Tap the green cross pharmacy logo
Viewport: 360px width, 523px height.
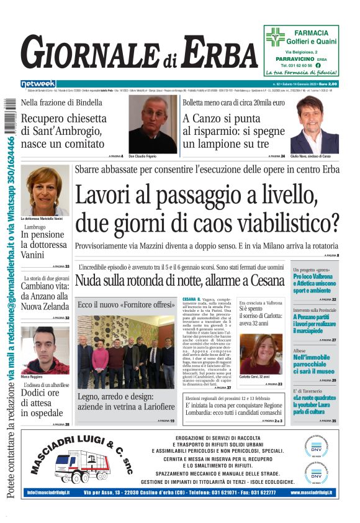(275, 37)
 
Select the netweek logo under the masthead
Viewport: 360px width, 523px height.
(38, 84)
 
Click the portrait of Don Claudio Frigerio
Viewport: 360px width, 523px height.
(152, 124)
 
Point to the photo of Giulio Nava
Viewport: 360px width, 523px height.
(315, 124)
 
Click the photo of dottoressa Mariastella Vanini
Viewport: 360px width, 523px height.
(45, 190)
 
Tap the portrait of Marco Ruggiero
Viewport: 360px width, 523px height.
(45, 350)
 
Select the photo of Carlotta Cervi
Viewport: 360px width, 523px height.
(260, 353)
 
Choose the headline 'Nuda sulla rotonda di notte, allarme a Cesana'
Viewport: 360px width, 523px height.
(179, 280)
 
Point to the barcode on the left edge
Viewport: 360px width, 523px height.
(9, 115)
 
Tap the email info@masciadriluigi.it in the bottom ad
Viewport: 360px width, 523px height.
(48, 493)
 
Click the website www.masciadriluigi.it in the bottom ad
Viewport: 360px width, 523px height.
(311, 493)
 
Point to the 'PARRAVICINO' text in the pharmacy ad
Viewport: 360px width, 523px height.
(295, 58)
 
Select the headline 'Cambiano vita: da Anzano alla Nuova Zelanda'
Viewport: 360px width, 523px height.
(45, 296)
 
